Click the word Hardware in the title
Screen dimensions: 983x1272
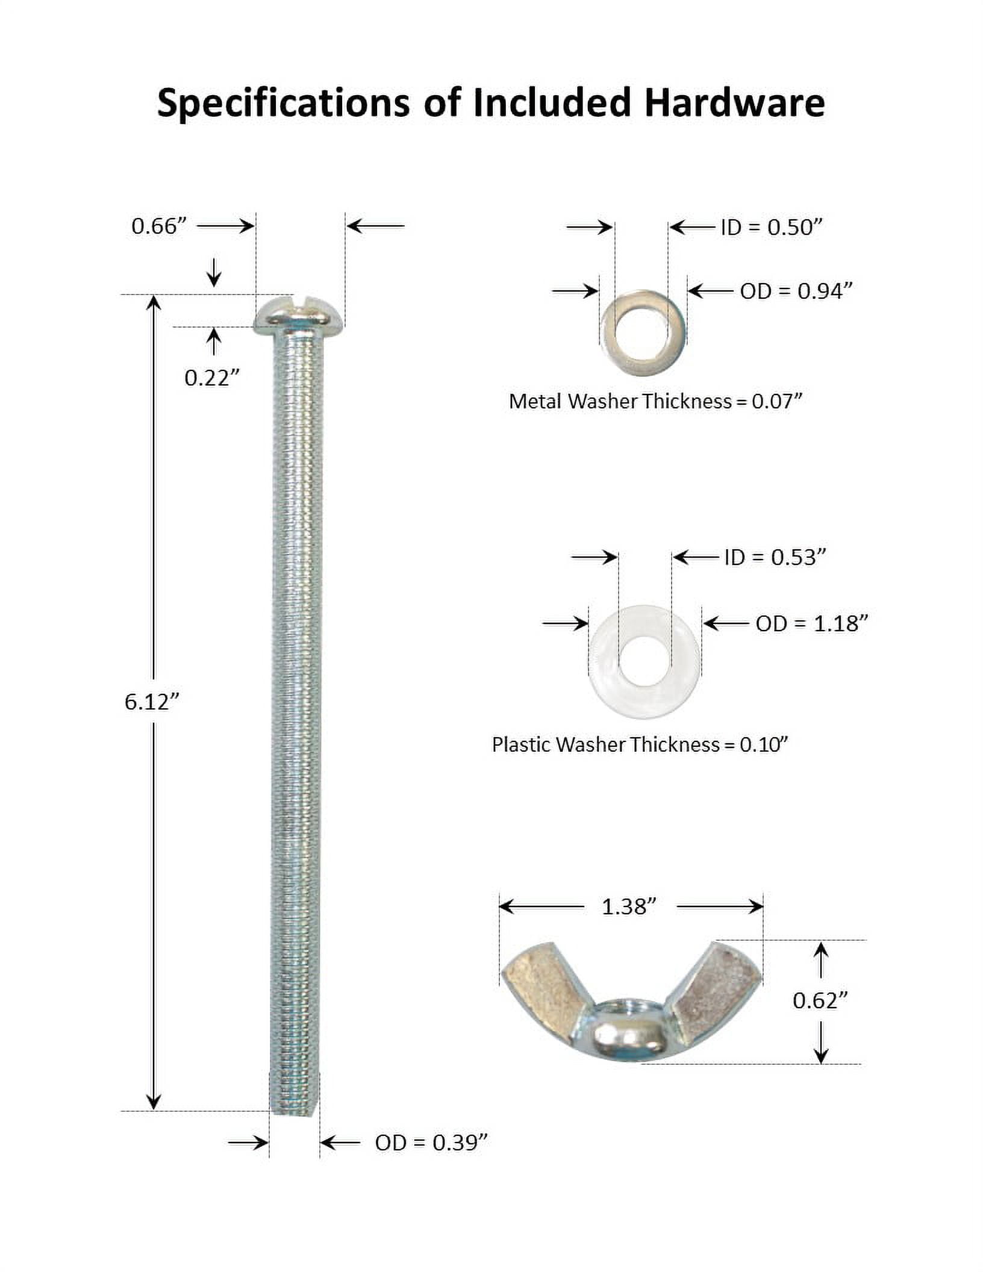[x=734, y=102]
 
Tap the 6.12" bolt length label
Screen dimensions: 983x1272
[x=152, y=702]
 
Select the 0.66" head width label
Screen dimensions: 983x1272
[x=159, y=226]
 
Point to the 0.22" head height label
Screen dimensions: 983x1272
[x=212, y=378]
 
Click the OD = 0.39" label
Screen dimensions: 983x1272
[x=431, y=1143]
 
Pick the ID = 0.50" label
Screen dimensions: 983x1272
[x=772, y=227]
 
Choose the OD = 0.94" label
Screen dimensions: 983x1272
[x=796, y=291]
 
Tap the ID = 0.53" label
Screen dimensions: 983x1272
[x=775, y=557]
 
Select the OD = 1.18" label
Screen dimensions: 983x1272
[x=812, y=623]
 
